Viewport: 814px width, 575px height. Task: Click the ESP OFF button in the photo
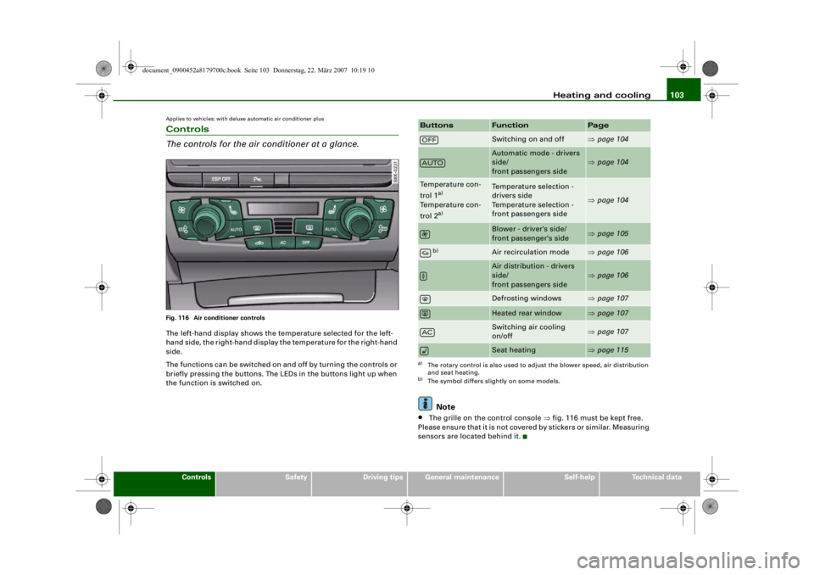[220, 179]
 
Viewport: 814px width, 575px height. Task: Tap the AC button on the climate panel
[283, 243]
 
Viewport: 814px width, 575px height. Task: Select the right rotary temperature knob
[358, 221]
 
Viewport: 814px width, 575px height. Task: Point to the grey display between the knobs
[283, 209]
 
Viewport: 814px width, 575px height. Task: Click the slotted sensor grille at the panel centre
[283, 226]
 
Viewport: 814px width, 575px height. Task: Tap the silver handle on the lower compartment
[283, 300]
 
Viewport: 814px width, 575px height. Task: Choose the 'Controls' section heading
[187, 129]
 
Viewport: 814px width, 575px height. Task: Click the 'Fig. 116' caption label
[177, 318]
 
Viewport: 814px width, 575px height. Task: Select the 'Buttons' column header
[437, 126]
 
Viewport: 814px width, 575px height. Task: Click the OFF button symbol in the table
[429, 140]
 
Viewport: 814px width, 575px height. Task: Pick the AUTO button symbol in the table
[432, 163]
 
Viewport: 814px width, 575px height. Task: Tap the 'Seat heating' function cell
[514, 350]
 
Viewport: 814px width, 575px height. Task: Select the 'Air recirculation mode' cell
[530, 252]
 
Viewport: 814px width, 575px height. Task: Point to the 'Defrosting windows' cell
[527, 299]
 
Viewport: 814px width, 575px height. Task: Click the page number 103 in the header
[677, 95]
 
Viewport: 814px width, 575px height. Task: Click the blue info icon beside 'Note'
[425, 404]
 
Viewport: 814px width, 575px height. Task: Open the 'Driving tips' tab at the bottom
[382, 477]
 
